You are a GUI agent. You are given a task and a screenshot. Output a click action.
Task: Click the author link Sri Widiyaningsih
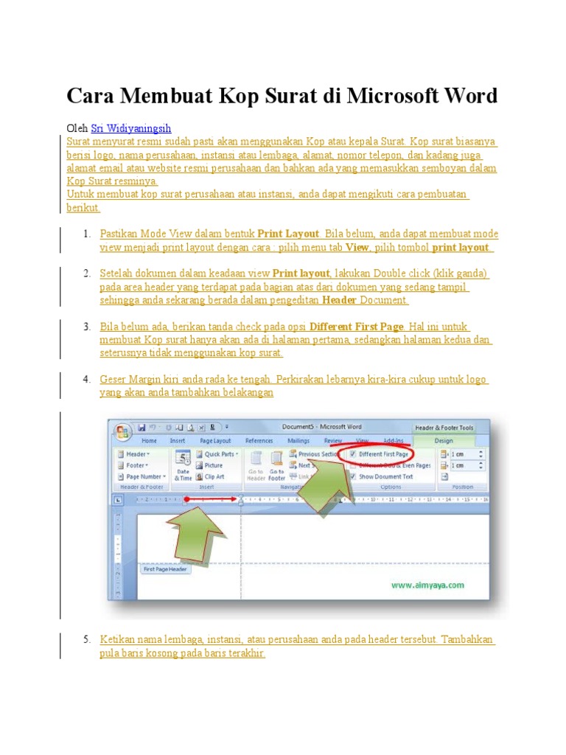pyautogui.click(x=131, y=128)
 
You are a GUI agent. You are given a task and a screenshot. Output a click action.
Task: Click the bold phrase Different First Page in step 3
pyautogui.click(x=357, y=327)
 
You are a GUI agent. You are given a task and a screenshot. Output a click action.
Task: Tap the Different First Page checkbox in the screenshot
pyautogui.click(x=353, y=454)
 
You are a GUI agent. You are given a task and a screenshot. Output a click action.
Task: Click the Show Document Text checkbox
pyautogui.click(x=353, y=476)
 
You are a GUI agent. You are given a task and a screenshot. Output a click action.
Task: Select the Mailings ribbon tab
pyautogui.click(x=298, y=441)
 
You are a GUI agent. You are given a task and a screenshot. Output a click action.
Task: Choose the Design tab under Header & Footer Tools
pyautogui.click(x=444, y=441)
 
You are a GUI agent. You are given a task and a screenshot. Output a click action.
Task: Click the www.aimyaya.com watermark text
pyautogui.click(x=427, y=585)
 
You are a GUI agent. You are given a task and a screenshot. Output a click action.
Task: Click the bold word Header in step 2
pyautogui.click(x=340, y=300)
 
